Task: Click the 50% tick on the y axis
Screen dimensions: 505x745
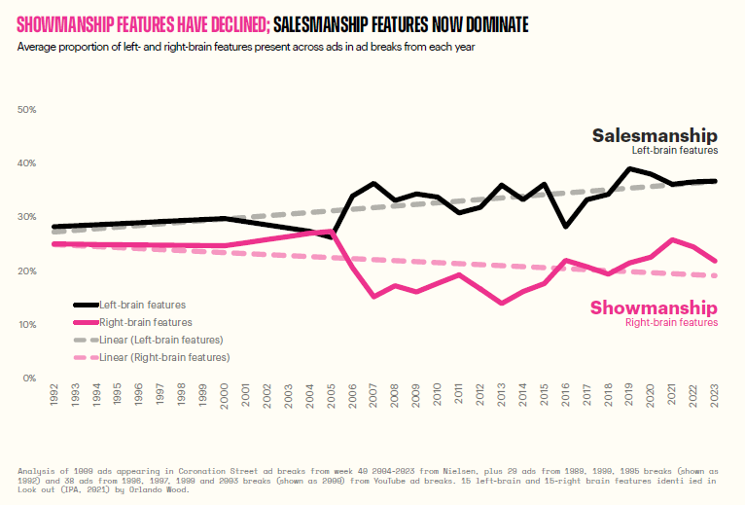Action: click(x=27, y=110)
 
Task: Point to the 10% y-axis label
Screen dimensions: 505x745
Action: click(x=27, y=324)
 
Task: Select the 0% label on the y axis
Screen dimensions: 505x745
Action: click(x=29, y=378)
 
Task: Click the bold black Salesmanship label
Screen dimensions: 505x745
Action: click(x=655, y=135)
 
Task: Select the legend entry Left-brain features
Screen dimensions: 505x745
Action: click(x=142, y=306)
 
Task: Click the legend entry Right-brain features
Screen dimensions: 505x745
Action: click(x=145, y=322)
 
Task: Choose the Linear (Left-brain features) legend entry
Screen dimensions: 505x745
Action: click(x=161, y=340)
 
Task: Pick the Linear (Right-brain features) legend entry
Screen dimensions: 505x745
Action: click(x=164, y=357)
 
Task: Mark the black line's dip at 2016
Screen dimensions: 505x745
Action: click(x=567, y=227)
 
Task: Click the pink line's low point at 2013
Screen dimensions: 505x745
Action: click(x=502, y=303)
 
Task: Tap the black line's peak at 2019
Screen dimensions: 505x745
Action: click(x=630, y=168)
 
